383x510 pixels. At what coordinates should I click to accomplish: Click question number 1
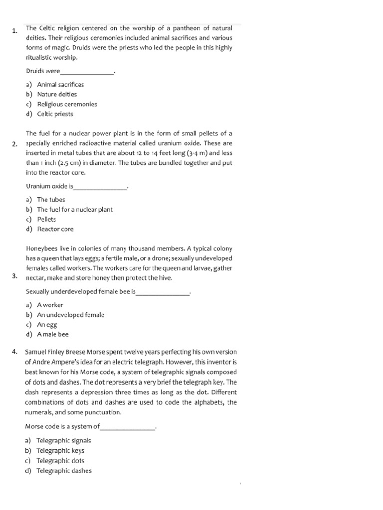(15, 31)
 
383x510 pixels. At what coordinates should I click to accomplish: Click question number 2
(15, 144)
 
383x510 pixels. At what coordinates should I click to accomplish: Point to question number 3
(15, 276)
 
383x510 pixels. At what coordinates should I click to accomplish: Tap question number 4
(15, 352)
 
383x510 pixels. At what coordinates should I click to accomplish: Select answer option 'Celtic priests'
(55, 114)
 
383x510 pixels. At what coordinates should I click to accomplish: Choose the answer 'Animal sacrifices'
(60, 85)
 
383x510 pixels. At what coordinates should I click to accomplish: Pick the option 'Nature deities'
(57, 94)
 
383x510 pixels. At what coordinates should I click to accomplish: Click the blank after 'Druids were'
(87, 72)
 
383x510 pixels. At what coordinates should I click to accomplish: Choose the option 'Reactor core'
(55, 229)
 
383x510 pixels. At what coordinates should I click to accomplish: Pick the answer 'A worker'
(50, 305)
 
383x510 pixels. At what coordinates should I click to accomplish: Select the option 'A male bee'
(53, 335)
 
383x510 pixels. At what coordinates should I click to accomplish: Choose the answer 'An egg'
(47, 325)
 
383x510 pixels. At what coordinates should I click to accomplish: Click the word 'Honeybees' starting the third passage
(41, 249)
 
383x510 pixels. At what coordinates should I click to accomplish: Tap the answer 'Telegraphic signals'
(64, 441)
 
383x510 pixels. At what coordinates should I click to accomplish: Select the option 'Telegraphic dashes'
(64, 471)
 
